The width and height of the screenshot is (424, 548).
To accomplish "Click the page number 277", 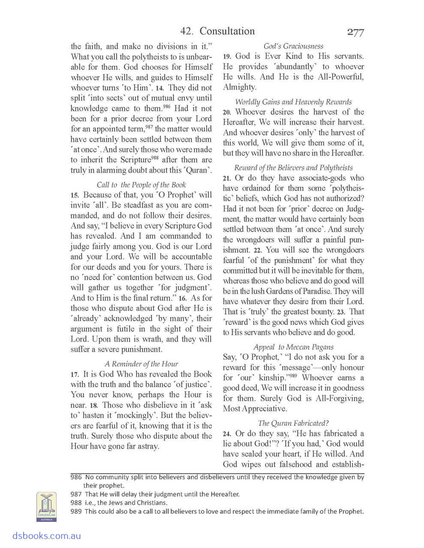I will point(355,33).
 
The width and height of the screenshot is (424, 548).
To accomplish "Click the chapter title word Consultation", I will point(227,31).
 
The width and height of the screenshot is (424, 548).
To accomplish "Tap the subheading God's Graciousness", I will point(293,46).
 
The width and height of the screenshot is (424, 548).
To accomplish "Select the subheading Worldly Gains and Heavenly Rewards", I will point(293,102).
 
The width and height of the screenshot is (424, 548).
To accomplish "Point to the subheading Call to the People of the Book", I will point(141,185).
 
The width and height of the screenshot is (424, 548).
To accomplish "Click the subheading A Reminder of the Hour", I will point(141,364).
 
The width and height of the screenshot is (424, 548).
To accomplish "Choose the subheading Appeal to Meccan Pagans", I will point(293,347).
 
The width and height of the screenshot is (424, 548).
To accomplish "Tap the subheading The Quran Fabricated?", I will point(293,423).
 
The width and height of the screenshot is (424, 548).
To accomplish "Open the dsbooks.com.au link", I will point(41,536).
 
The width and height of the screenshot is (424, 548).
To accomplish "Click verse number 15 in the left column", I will point(75,195).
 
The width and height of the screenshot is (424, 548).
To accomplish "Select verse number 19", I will point(227,57).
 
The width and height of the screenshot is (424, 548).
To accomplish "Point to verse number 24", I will point(227,434).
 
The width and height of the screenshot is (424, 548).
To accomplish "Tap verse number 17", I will point(75,375).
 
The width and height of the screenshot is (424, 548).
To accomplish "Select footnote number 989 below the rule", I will point(76,511).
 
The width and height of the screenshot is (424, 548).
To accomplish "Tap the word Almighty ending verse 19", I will point(239,87).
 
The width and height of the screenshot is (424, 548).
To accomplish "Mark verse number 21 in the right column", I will point(227,178).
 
